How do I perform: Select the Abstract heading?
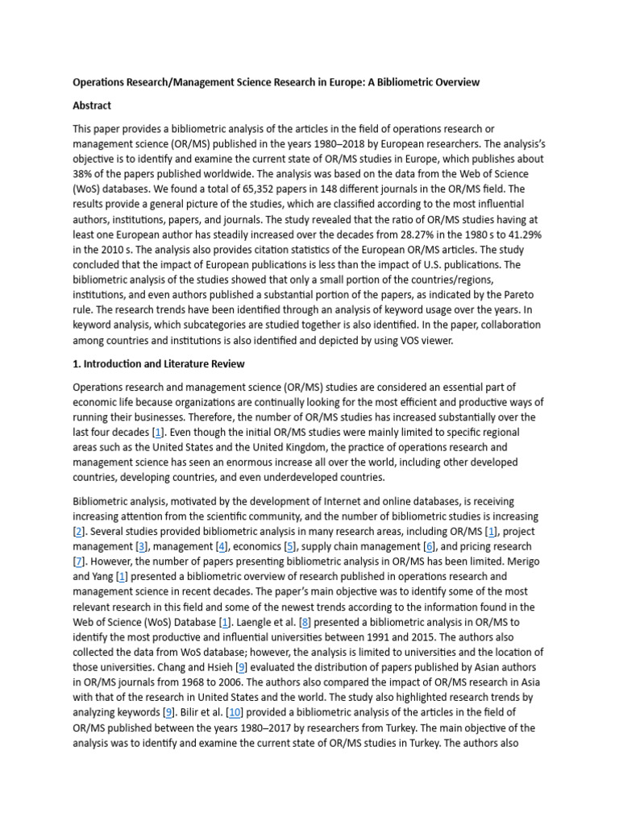[93, 106]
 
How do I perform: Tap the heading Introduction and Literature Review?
[158, 363]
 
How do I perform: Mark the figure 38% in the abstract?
[86, 175]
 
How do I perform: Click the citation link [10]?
[234, 712]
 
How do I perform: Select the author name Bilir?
[182, 712]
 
